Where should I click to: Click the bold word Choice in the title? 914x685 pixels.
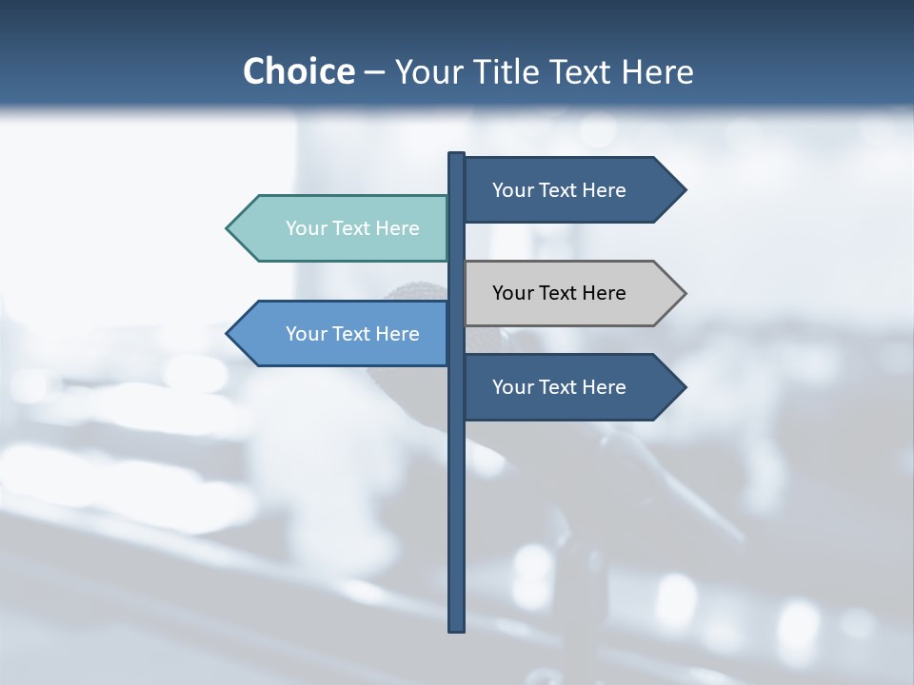[x=298, y=71]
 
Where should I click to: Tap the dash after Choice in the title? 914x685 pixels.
[x=374, y=73]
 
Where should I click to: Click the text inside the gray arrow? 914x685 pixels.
[x=559, y=293]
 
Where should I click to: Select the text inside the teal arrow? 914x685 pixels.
[x=352, y=228]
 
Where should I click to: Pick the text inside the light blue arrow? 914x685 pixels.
[x=352, y=334]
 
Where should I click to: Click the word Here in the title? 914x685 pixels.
[x=657, y=72]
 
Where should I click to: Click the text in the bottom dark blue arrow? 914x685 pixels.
[x=559, y=387]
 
